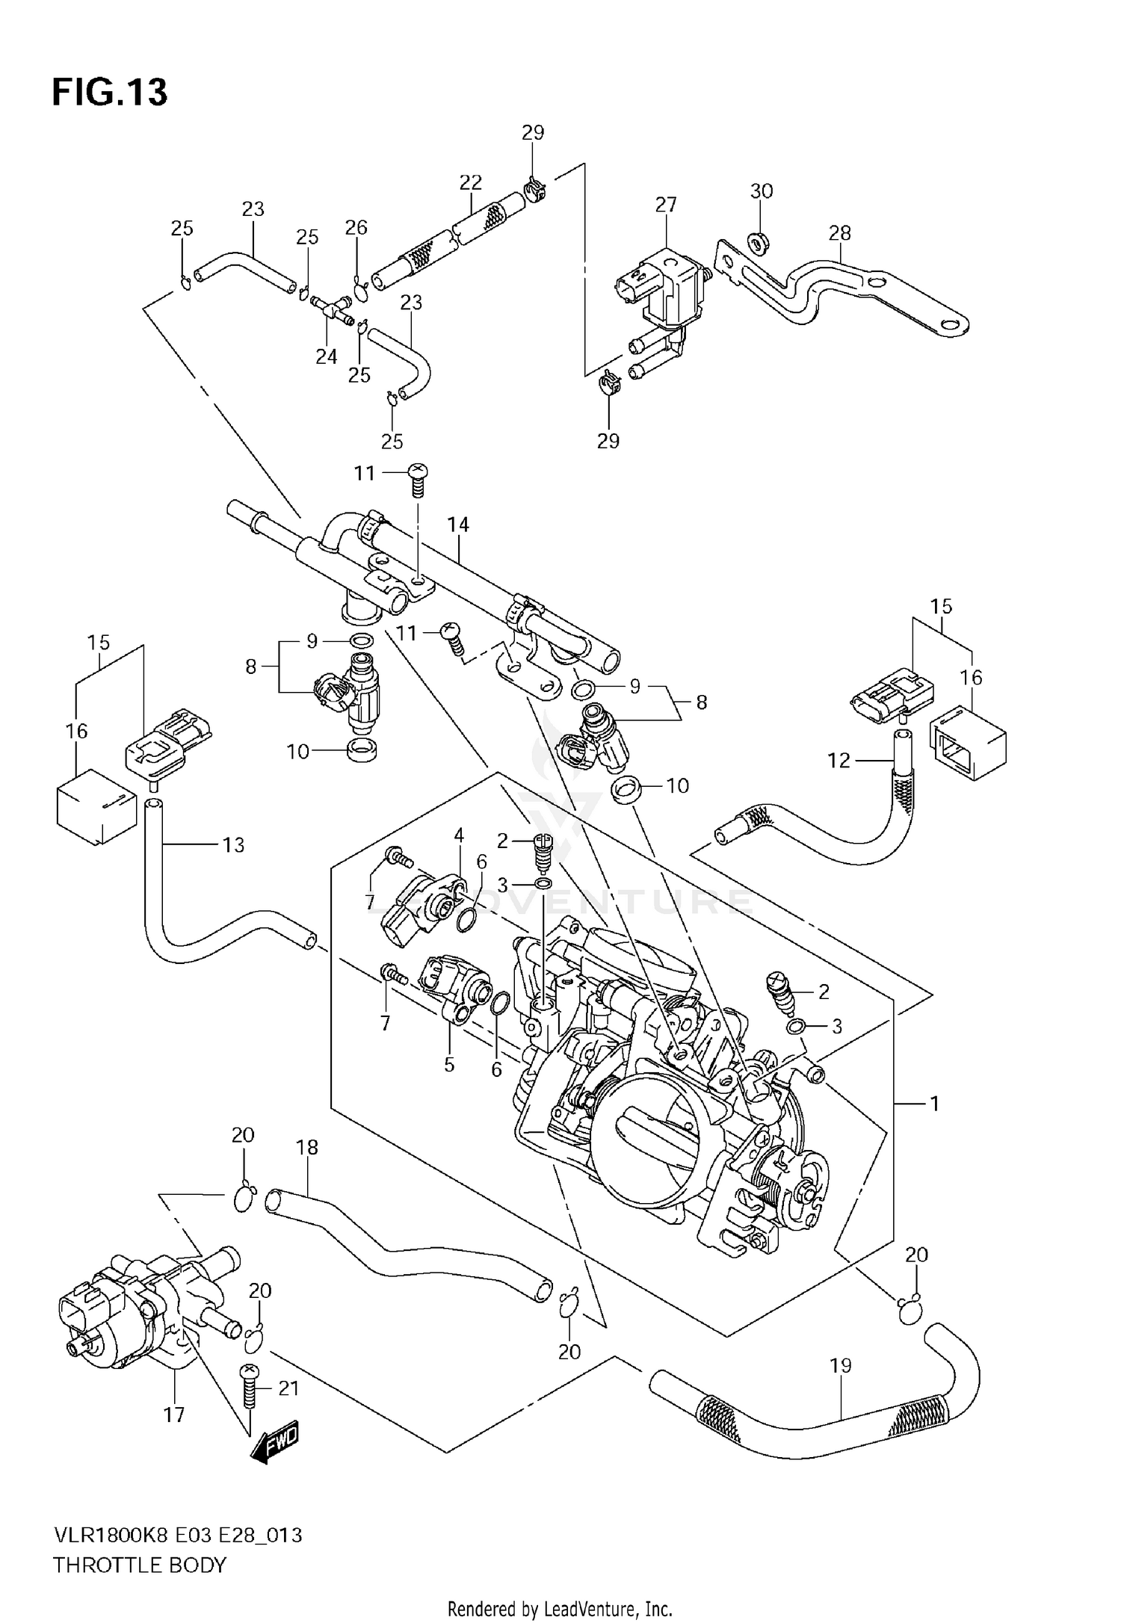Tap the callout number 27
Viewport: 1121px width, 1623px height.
665,205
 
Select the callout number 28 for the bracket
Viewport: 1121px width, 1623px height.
839,233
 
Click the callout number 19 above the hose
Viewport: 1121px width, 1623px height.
840,1366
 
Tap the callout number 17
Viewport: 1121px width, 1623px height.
173,1415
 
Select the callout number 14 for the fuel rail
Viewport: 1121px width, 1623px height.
458,525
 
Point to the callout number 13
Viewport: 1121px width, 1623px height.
233,845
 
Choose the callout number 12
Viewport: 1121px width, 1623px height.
839,761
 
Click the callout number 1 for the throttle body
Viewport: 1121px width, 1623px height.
933,1102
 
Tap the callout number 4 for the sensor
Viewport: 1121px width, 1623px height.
458,834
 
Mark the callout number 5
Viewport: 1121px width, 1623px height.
448,1064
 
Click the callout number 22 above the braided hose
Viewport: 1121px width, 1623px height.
470,182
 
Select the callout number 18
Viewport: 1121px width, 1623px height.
307,1147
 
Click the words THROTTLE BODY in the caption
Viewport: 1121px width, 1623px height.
139,1565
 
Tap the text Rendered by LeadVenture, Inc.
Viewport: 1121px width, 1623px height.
560,1609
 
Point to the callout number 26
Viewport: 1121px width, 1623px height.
356,227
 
